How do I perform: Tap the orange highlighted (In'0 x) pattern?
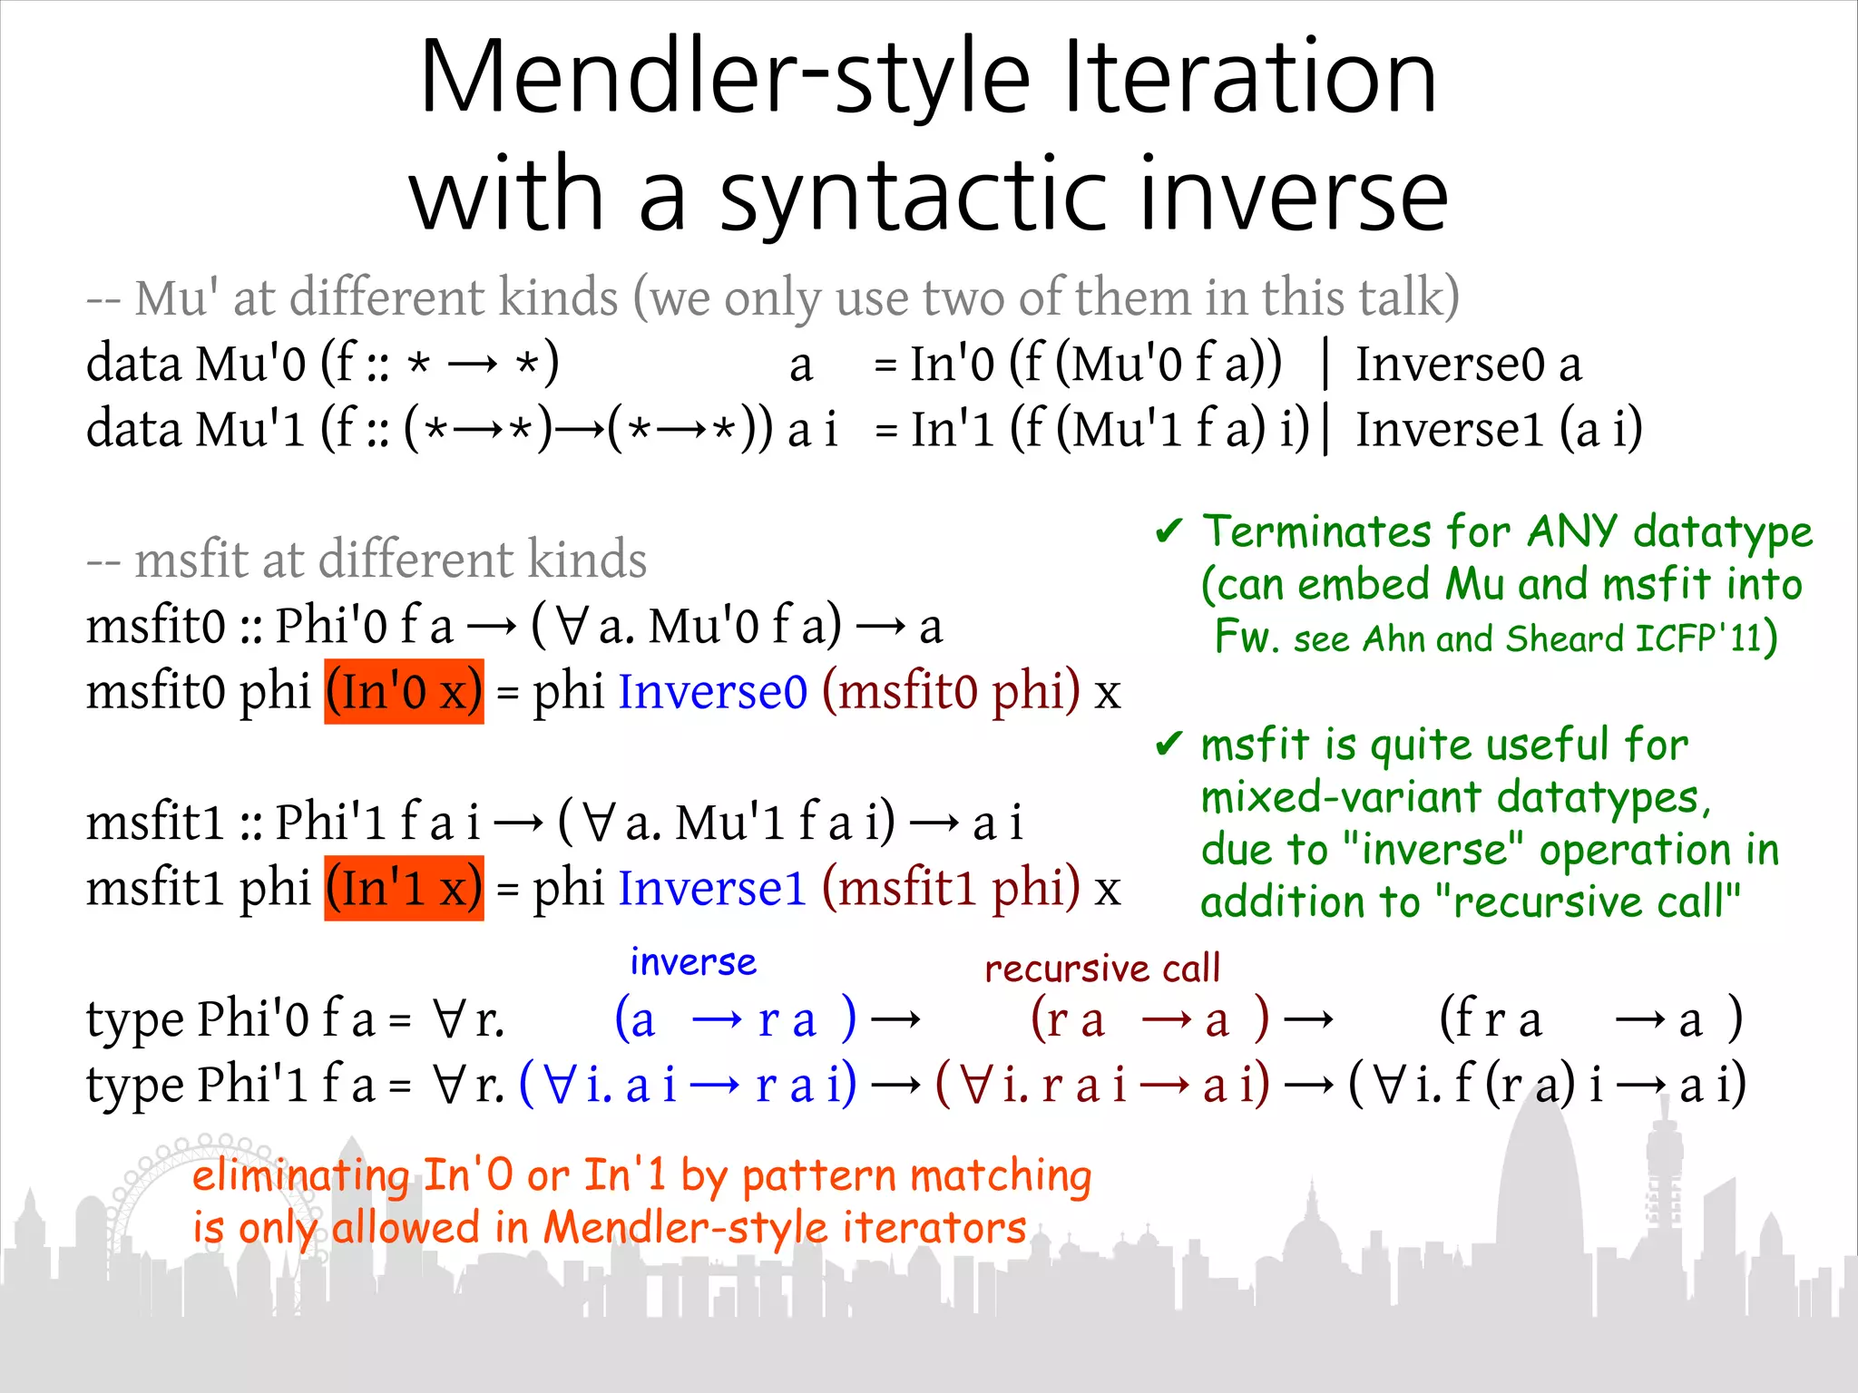pos(404,692)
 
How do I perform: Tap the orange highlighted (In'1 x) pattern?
pos(404,888)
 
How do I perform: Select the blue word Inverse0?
pos(712,692)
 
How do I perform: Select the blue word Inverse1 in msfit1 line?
pos(712,888)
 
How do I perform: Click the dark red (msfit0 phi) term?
pos(951,692)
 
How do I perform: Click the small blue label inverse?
pos(693,962)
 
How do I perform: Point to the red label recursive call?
pos(1102,969)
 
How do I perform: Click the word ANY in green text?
pos(1572,531)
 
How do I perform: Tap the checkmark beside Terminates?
pos(1169,531)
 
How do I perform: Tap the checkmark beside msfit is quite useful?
pos(1169,745)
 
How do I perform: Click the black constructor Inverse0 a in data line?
pos(1468,365)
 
